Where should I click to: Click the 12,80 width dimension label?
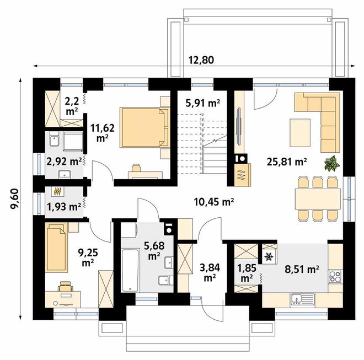coord(201,60)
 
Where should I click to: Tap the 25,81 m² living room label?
coord(287,162)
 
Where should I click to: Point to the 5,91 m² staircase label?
coord(202,103)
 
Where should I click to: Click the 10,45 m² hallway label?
coord(214,202)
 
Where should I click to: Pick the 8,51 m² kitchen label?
coord(302,270)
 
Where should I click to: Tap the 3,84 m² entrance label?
coord(210,273)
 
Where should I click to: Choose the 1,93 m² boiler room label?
coord(64,207)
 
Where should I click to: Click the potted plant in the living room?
coord(331,163)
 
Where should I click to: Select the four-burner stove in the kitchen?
coord(335,276)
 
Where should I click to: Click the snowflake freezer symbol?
coord(269,256)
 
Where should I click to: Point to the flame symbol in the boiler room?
coord(58,192)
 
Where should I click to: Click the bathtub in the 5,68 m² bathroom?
coord(130,270)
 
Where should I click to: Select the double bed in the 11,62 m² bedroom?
coord(144,127)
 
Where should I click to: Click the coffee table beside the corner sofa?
coord(300,132)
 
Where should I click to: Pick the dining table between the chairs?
coord(317,199)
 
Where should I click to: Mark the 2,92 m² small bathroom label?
coord(64,162)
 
